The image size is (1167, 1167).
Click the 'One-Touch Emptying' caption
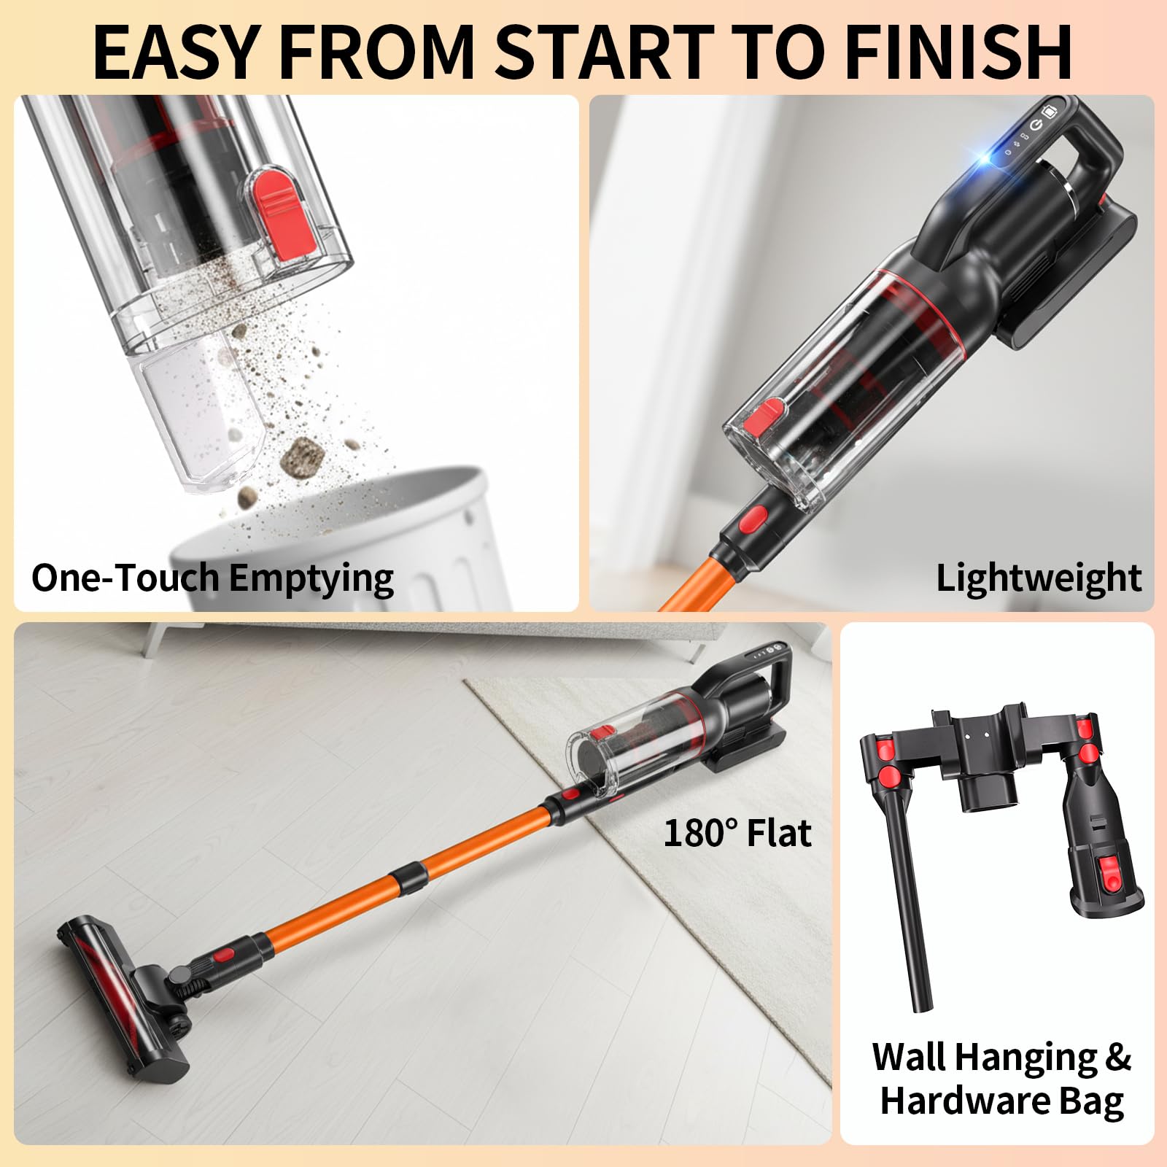[212, 578]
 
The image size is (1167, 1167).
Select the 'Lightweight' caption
[1038, 578]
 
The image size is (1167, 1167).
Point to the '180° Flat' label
[737, 833]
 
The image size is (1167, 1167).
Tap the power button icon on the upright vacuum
[1036, 125]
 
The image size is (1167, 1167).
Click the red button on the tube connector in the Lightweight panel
[753, 519]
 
